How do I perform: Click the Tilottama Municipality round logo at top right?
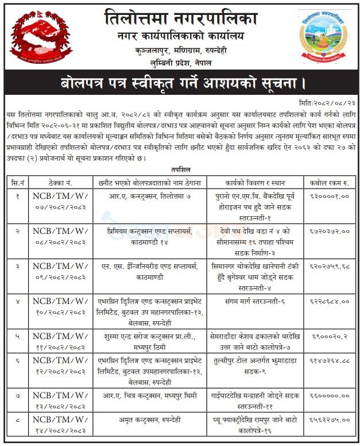point(324,36)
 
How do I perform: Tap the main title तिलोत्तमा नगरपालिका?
point(181,18)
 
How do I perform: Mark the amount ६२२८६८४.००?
point(330,300)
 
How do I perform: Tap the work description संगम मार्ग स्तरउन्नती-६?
point(256,300)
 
